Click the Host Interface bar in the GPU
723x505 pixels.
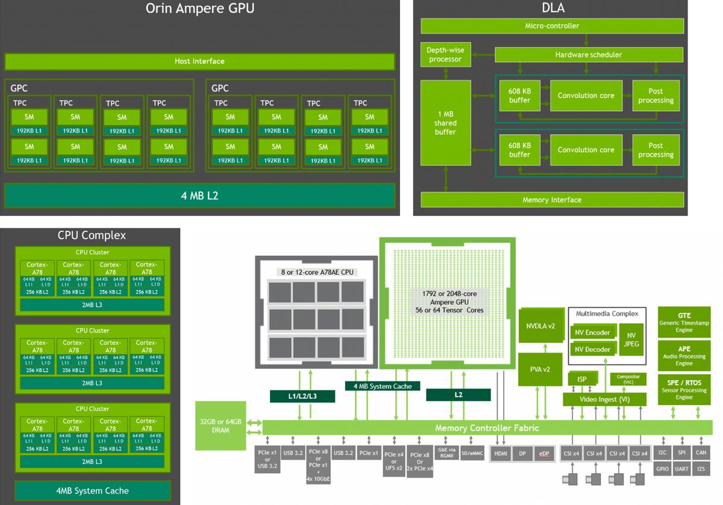pos(199,61)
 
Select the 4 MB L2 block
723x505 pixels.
pos(199,195)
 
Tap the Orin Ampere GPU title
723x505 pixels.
pos(199,8)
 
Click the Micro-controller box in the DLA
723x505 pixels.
pos(552,26)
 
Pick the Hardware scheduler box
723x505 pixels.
pos(588,55)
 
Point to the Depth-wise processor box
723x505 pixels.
pos(445,55)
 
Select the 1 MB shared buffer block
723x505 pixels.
pos(445,123)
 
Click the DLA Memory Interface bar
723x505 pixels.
pos(552,199)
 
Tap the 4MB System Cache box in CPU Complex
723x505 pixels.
pos(92,491)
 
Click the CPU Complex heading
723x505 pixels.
pos(92,235)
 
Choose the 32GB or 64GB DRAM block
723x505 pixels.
pos(220,425)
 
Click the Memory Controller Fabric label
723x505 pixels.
pos(487,428)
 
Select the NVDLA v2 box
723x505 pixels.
pos(540,325)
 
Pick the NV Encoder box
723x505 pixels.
pos(590,333)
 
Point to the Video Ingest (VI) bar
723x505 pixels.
pos(604,399)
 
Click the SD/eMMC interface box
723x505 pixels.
pos(472,453)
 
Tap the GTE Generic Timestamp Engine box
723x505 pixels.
pos(684,322)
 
